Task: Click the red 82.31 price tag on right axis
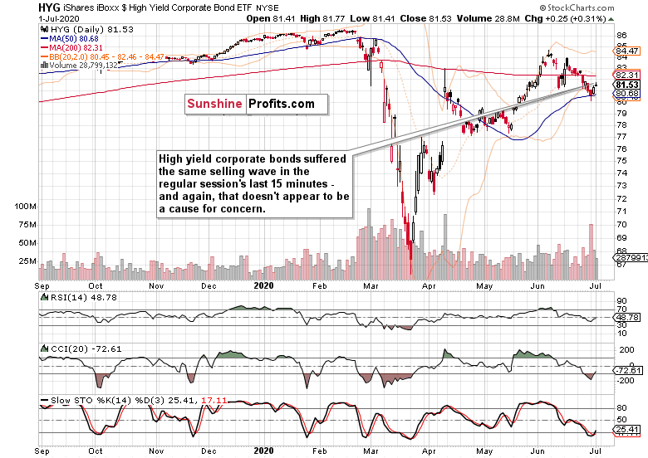pyautogui.click(x=625, y=75)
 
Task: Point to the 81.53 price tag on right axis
pyautogui.click(x=626, y=85)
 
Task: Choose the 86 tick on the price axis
pyautogui.click(x=621, y=36)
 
